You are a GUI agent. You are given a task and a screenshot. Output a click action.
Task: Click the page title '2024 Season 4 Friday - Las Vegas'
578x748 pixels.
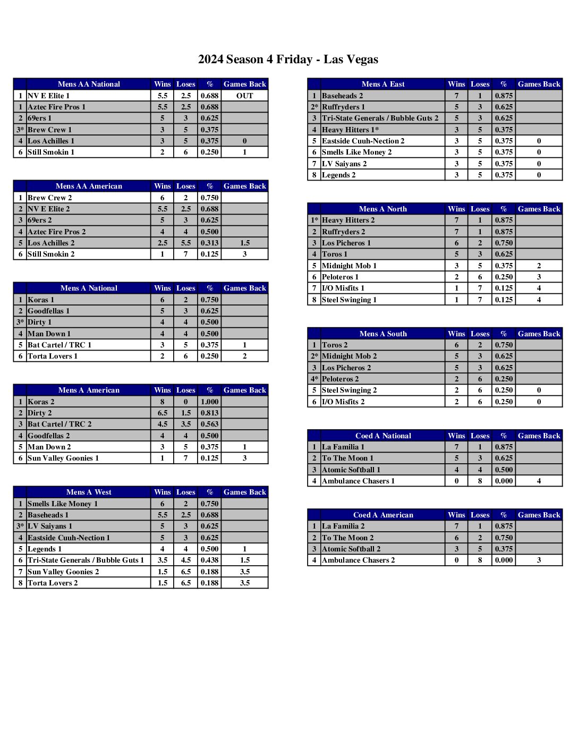tap(288, 59)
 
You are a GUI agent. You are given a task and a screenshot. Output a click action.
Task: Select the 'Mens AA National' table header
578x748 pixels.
tap(89, 84)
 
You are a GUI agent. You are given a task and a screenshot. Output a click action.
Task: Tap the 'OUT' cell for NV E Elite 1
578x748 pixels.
tap(244, 96)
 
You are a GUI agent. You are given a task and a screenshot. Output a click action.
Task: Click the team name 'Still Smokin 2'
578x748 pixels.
tap(51, 254)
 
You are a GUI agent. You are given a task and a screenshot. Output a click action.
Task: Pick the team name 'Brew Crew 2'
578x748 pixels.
tap(49, 198)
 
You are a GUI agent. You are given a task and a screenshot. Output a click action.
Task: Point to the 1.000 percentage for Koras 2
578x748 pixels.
tap(210, 402)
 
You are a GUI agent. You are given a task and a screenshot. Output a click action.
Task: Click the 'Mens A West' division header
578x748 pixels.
tap(89, 492)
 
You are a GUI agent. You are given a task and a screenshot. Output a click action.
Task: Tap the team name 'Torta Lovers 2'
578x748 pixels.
tap(53, 583)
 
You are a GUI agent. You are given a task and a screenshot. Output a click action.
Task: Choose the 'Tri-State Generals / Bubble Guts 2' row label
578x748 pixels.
tap(380, 118)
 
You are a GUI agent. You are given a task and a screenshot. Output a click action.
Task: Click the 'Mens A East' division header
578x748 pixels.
tap(383, 84)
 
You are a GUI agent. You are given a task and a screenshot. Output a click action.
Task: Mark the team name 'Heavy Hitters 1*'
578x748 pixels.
tap(351, 130)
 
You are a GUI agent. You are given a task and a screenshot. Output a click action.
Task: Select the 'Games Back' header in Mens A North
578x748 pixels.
tap(539, 209)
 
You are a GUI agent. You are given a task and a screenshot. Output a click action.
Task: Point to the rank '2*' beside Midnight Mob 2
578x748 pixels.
tap(314, 356)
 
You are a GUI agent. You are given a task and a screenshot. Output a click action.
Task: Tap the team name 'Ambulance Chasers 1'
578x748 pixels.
tap(358, 481)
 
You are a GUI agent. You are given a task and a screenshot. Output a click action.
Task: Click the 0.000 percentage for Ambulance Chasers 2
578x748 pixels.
tap(504, 560)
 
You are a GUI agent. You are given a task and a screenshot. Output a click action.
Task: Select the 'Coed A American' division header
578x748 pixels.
tap(383, 515)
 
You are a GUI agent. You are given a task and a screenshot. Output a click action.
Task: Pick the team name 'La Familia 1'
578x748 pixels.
tap(343, 447)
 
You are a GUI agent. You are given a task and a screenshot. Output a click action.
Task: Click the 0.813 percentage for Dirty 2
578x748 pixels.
tap(210, 413)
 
